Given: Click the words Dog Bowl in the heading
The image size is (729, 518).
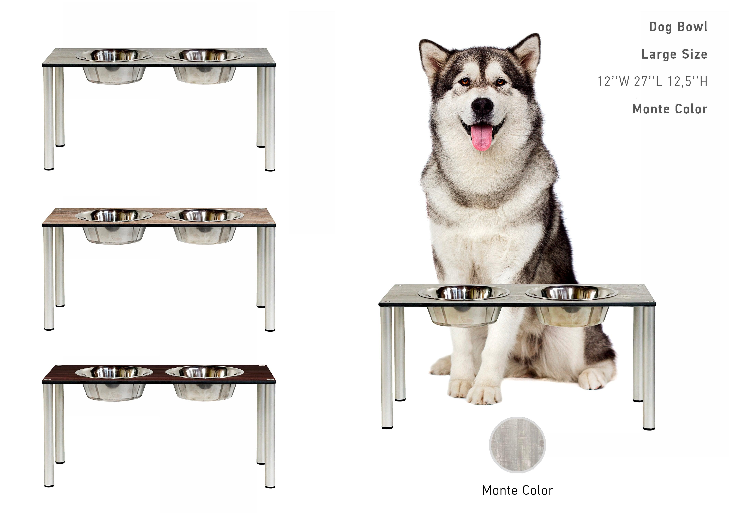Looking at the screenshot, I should [678, 27].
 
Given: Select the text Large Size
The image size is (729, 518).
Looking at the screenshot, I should [674, 54].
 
